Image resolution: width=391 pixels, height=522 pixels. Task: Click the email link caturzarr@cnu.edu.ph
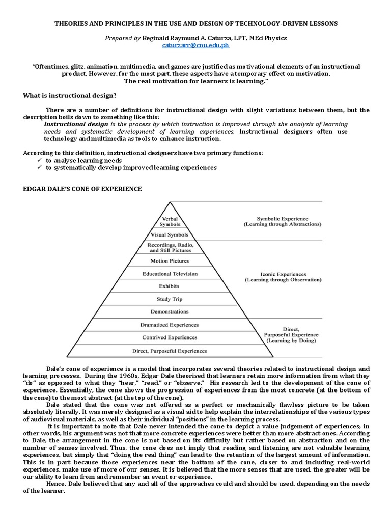click(195, 45)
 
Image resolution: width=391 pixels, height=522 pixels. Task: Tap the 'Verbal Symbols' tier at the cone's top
click(169, 221)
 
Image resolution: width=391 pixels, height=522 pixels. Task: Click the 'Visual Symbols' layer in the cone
click(170, 235)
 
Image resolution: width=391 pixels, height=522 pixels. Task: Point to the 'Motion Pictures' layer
click(170, 261)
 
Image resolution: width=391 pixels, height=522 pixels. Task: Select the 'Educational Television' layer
click(170, 274)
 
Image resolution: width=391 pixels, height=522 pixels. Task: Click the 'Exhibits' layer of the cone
click(169, 286)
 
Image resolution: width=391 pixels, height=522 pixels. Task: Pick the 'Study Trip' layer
click(170, 299)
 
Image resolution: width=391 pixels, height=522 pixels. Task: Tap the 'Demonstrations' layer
click(170, 311)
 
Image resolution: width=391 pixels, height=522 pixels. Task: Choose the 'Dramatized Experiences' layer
click(170, 325)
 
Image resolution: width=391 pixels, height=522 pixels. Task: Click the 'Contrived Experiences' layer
click(170, 337)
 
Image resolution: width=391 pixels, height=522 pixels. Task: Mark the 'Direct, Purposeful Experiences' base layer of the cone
click(170, 351)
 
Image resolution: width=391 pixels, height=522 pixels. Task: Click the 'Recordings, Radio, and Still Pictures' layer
click(170, 247)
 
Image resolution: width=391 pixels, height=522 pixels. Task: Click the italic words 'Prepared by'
click(123, 38)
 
